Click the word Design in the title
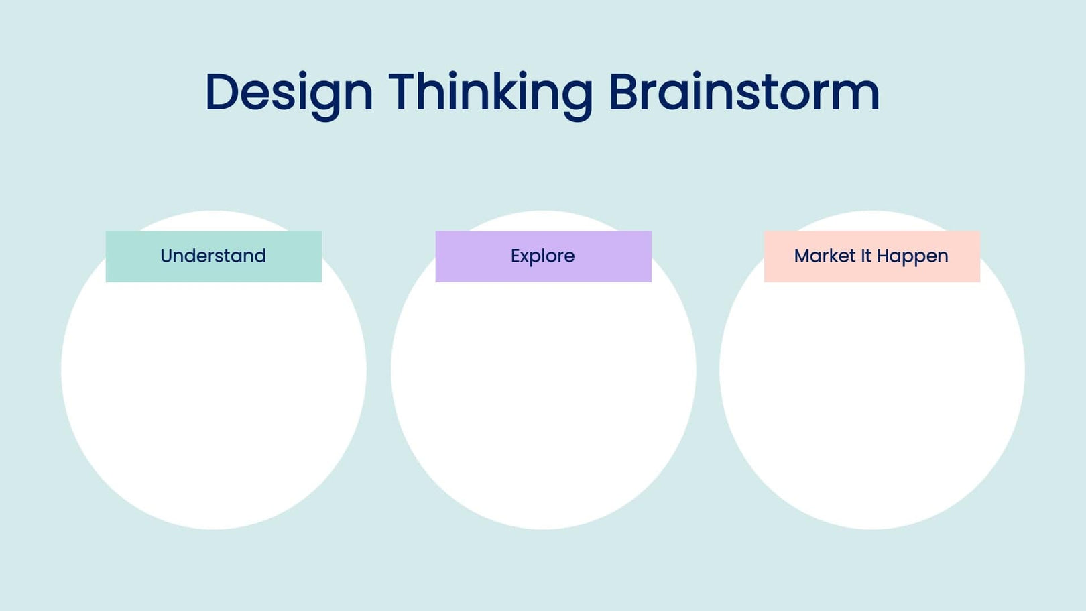click(x=288, y=93)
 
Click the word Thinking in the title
click(x=490, y=93)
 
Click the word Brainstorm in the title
click(x=743, y=93)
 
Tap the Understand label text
click(x=213, y=256)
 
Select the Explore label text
click(x=542, y=256)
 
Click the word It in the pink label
click(x=866, y=256)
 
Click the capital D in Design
click(x=222, y=92)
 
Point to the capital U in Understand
click(x=167, y=256)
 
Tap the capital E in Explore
click(x=516, y=256)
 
